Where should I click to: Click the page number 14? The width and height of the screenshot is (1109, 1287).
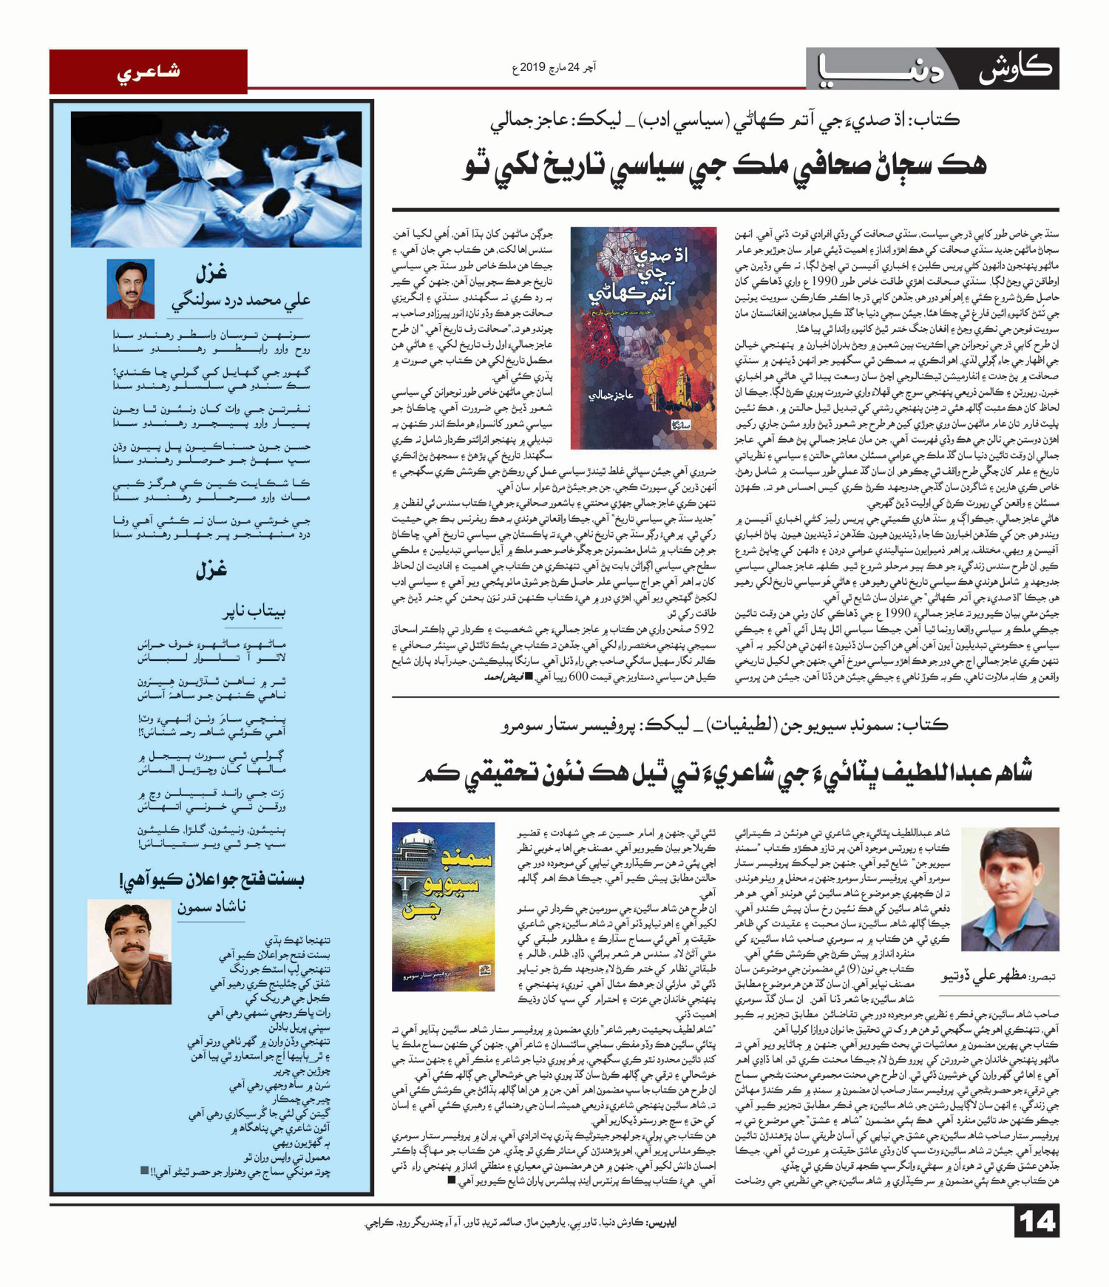click(1037, 1221)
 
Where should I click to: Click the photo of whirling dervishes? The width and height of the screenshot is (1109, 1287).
click(216, 179)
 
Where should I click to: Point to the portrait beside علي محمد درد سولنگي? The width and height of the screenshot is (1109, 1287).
click(130, 288)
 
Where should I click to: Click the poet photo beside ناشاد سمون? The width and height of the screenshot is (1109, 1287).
click(129, 952)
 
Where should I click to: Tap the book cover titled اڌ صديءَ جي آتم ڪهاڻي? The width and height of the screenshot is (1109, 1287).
click(643, 338)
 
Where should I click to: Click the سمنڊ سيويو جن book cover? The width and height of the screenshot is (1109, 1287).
click(443, 906)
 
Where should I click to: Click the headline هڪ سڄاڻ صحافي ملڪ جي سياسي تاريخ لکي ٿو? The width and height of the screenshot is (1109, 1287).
click(725, 165)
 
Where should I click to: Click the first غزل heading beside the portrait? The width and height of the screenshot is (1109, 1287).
click(211, 274)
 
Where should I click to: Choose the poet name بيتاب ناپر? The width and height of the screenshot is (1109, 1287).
click(254, 611)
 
